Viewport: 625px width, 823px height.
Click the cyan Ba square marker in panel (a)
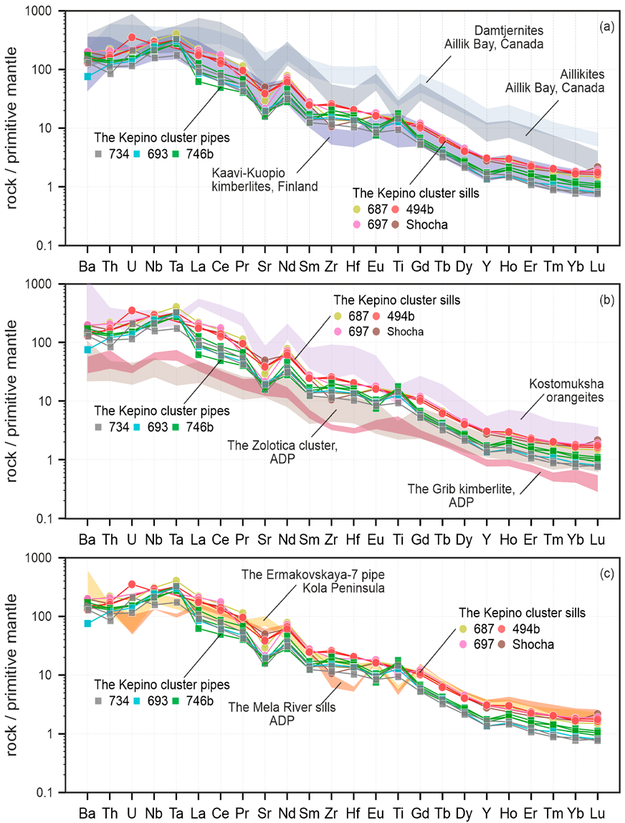coord(87,77)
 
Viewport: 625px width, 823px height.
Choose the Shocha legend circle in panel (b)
coord(398,332)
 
